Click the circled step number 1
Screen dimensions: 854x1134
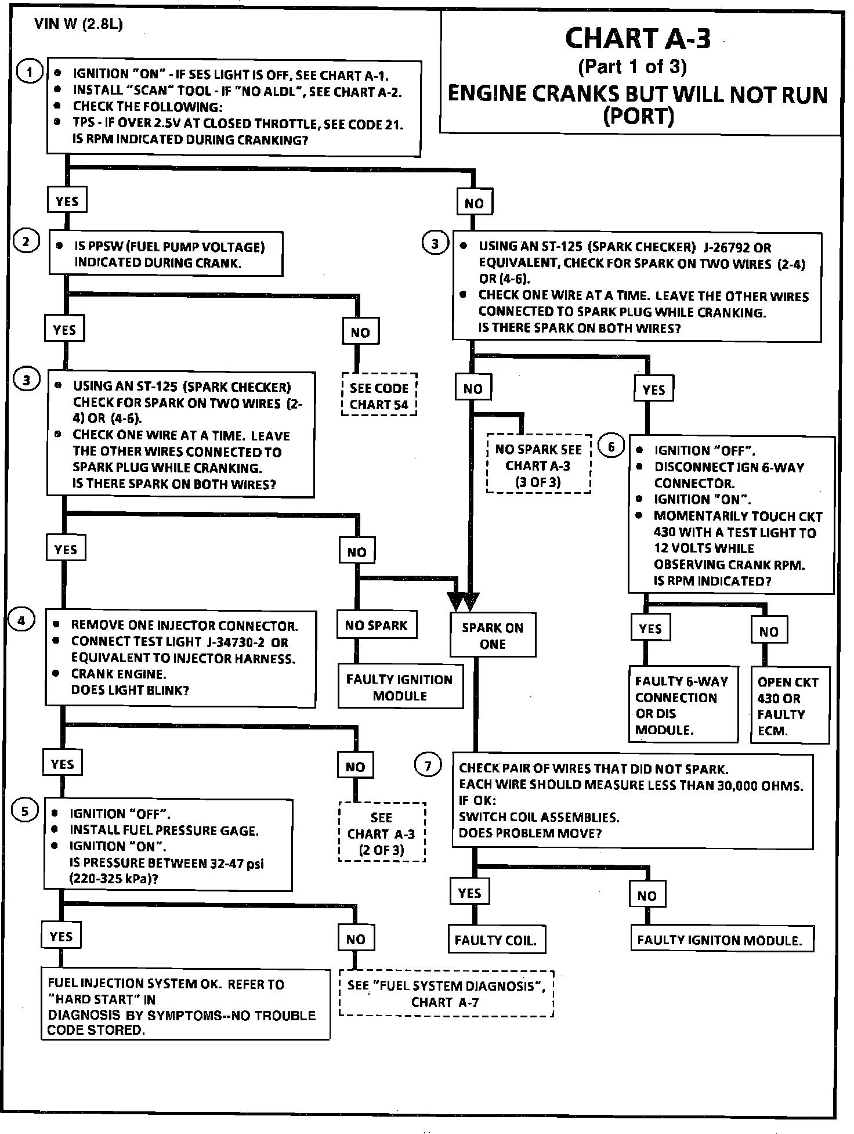[x=29, y=72]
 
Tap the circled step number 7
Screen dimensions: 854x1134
[x=428, y=766]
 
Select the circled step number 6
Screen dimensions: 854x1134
[x=610, y=447]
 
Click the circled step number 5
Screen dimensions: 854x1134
[x=25, y=811]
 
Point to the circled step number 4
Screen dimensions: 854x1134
[x=21, y=620]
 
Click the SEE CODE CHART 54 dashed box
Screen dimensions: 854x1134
[x=379, y=395]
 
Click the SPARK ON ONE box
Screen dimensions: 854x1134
[x=493, y=635]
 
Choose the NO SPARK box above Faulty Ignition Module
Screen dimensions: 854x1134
[x=377, y=624]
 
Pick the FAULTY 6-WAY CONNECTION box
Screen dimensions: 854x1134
[x=683, y=704]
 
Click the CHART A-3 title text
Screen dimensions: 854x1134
[x=638, y=39]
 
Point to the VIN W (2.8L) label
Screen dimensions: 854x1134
[x=79, y=24]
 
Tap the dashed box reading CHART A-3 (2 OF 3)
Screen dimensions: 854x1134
[x=382, y=832]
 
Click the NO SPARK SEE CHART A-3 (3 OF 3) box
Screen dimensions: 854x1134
[x=538, y=464]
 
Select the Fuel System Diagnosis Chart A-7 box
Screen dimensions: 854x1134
[x=446, y=994]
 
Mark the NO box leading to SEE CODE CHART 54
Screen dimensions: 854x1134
[x=360, y=332]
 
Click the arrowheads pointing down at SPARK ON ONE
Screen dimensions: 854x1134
[x=464, y=602]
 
